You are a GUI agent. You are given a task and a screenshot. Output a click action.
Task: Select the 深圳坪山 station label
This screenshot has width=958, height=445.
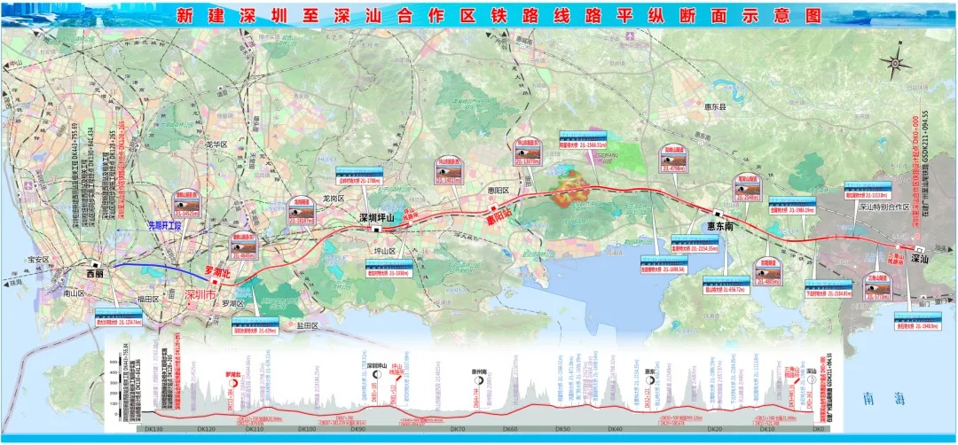click(375, 217)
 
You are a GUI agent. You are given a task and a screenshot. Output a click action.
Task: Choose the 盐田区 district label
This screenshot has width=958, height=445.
click(330, 326)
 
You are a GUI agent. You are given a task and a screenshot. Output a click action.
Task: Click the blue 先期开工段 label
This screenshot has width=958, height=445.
click(164, 226)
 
